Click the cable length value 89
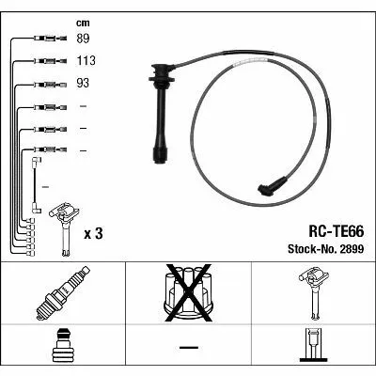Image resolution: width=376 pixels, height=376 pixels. tap(83, 39)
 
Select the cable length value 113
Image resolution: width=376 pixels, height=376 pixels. tap(86, 60)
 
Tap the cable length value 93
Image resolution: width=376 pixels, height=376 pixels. tap(83, 83)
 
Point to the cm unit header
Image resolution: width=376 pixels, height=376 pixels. tap(83, 23)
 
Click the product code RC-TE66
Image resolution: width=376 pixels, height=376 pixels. tap(337, 232)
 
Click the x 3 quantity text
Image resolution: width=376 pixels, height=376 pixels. tap(93, 234)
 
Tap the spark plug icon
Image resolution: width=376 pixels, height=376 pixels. tap(63, 292)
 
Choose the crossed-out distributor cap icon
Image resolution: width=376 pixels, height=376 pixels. tap(188, 293)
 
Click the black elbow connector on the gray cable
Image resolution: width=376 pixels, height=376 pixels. tap(272, 187)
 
